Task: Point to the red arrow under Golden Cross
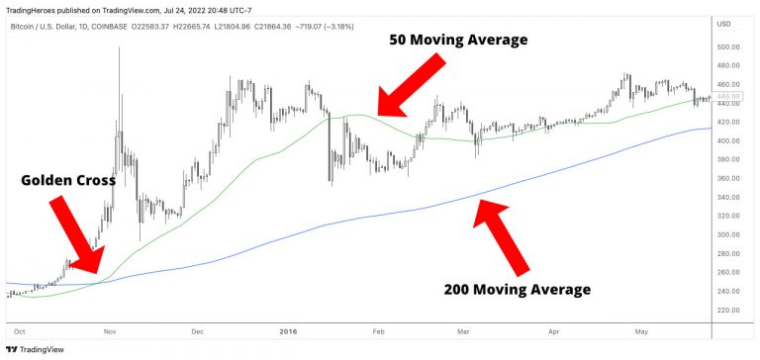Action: tap(74, 233)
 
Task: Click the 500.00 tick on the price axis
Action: tap(729, 47)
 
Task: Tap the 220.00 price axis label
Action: tap(729, 310)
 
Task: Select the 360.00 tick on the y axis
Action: tap(729, 178)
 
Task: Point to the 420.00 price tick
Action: tap(729, 123)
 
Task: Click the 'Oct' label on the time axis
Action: tap(20, 333)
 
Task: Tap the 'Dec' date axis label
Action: tap(197, 333)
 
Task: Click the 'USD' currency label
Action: tap(723, 24)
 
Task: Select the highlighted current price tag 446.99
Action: tap(729, 97)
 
